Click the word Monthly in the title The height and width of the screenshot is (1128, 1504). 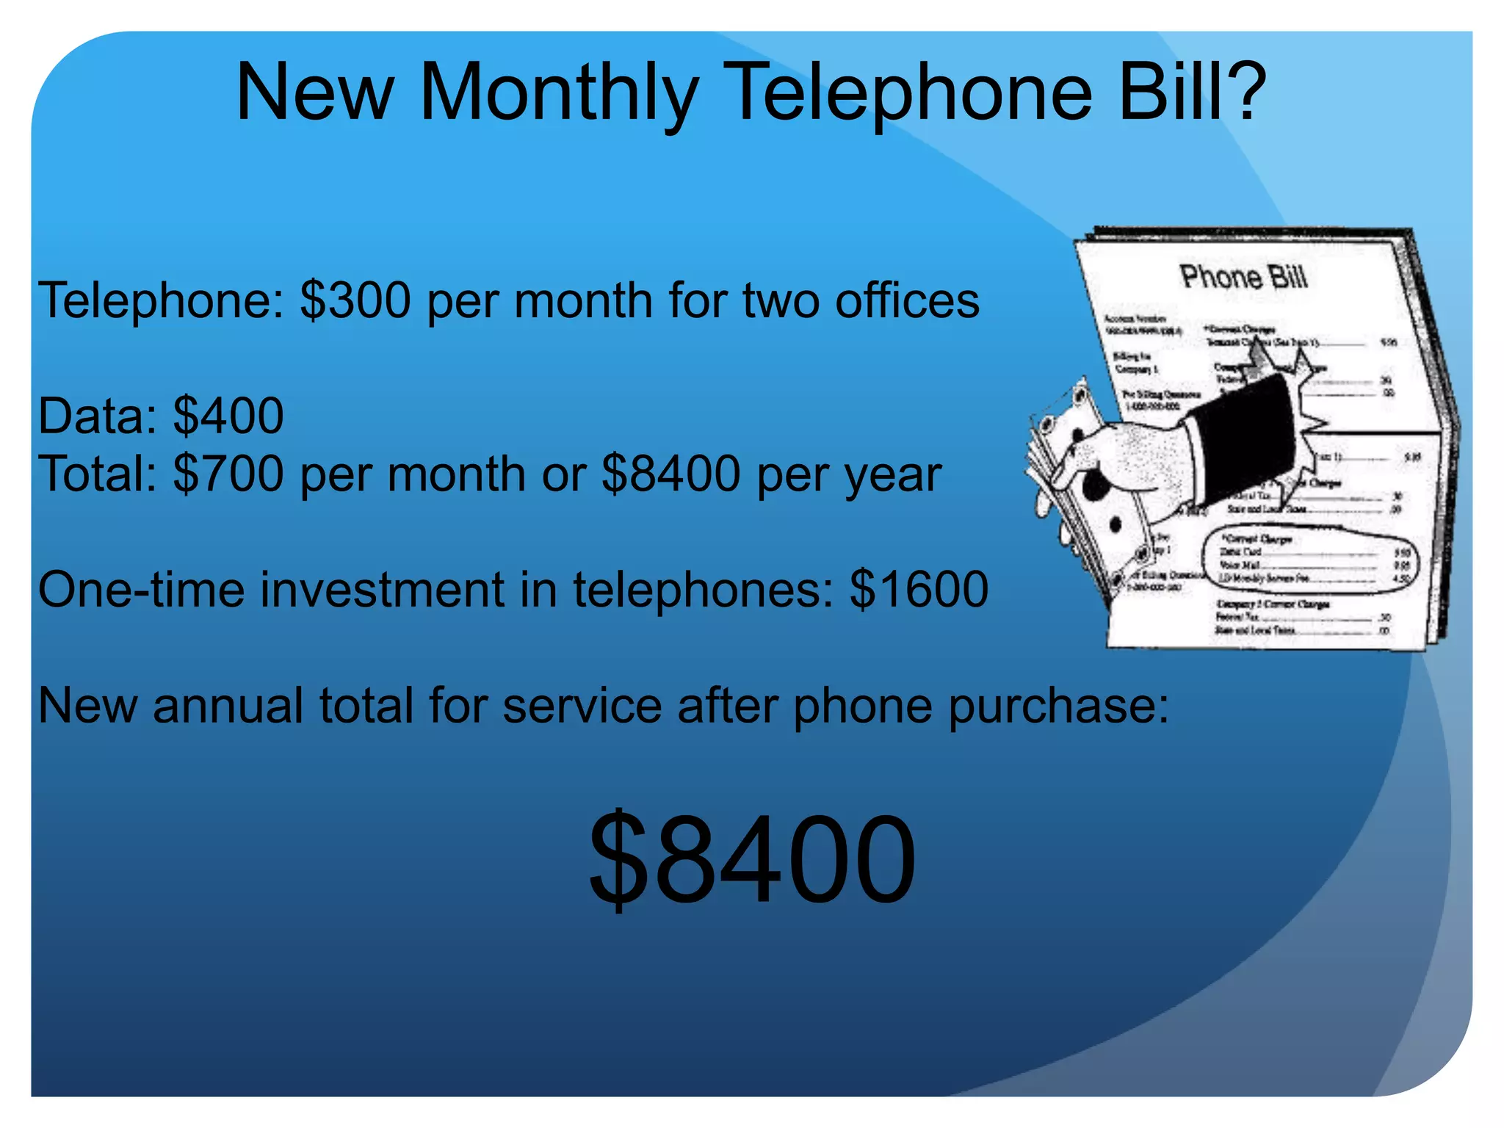click(x=558, y=94)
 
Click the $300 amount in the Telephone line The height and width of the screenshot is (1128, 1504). click(x=355, y=300)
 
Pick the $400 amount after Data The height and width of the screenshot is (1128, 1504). click(x=228, y=416)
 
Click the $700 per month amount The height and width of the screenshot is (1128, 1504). click(x=228, y=474)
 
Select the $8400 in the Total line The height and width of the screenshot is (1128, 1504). click(x=670, y=474)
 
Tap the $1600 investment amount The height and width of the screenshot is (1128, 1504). click(x=919, y=589)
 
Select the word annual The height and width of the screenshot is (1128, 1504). click(x=228, y=705)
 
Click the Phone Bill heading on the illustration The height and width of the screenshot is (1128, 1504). click(x=1244, y=277)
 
